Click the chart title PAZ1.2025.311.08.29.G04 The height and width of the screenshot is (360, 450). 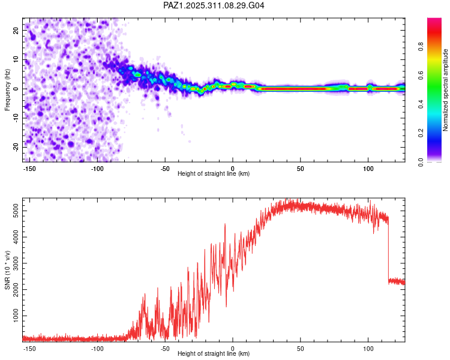tap(214, 5)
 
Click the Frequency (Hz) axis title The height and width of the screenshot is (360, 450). tap(8, 90)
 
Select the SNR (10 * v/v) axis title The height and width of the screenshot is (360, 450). tap(8, 269)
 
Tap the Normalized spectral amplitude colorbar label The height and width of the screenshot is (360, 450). tap(446, 90)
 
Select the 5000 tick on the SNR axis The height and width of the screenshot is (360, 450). tap(13, 212)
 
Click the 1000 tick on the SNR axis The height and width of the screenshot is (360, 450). tap(13, 316)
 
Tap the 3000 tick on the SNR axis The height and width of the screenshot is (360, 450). tap(13, 263)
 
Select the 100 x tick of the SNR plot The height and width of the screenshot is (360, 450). tap(368, 348)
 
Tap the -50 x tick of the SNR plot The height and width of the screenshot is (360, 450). tap(164, 348)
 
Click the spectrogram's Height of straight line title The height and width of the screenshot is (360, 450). tap(214, 174)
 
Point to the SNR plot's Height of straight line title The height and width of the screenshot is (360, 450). tap(214, 354)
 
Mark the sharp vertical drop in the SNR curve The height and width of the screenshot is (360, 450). tap(388, 252)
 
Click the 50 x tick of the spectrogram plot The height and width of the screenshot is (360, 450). tap(300, 168)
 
